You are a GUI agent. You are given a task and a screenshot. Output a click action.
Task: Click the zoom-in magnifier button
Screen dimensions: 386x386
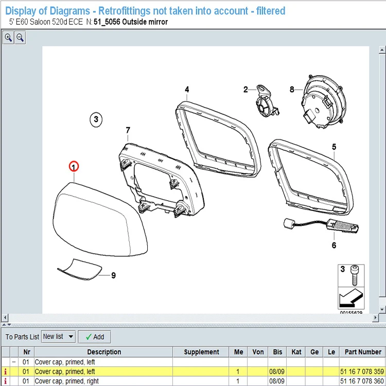click(8, 38)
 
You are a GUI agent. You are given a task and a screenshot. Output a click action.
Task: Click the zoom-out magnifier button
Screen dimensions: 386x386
click(20, 38)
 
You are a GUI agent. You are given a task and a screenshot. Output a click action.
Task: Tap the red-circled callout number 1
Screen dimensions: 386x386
click(74, 167)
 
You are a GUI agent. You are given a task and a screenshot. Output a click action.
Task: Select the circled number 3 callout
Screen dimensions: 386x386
click(96, 119)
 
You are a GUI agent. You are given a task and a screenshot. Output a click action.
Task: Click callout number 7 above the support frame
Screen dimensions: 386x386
click(128, 130)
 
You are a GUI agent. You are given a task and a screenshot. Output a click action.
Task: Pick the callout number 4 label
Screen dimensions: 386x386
click(187, 90)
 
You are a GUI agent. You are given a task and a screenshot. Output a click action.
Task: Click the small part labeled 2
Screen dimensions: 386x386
click(267, 101)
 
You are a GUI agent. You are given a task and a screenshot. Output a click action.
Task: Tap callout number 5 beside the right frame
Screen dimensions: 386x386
click(334, 147)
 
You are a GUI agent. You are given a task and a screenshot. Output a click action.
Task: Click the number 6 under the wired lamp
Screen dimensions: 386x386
click(334, 245)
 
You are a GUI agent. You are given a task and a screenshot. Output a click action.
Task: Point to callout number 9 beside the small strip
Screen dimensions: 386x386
click(113, 275)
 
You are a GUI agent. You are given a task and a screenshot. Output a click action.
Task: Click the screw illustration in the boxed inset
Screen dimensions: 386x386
click(355, 275)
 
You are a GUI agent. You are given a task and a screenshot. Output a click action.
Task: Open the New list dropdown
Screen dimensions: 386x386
click(58, 337)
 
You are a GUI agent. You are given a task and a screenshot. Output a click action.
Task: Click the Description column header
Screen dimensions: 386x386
click(103, 352)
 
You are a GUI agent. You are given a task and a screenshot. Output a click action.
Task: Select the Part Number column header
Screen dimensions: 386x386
click(363, 352)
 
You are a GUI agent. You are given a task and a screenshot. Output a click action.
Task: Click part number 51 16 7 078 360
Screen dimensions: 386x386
click(362, 381)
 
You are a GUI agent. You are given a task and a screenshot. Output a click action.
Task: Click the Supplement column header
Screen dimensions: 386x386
click(201, 352)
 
